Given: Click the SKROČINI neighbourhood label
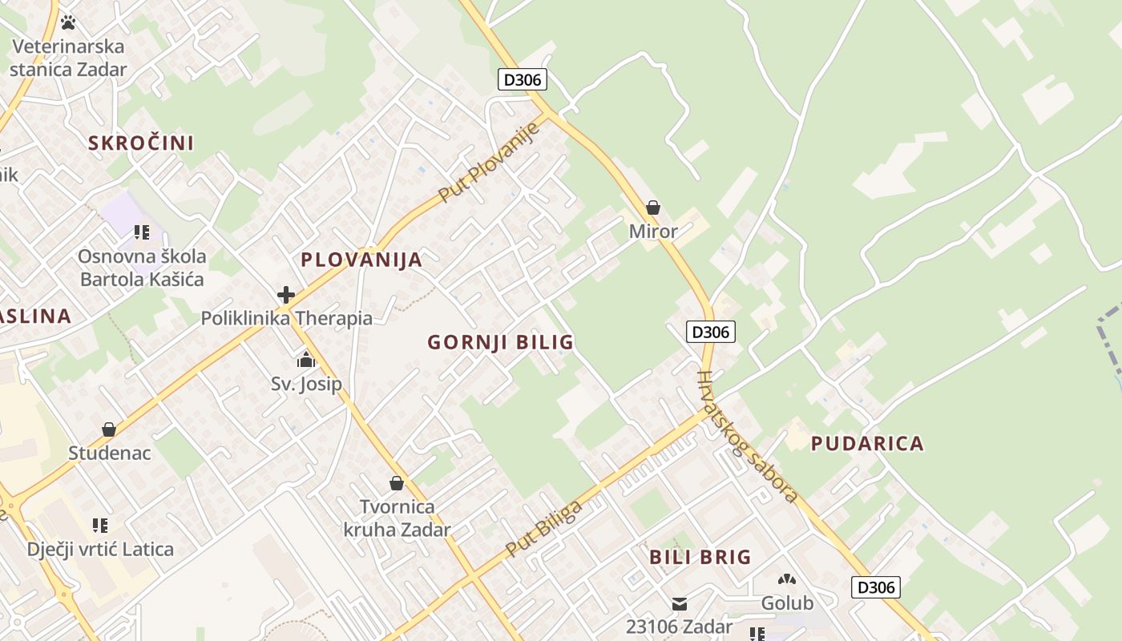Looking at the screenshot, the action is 141,143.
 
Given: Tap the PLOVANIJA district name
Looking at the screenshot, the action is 361,260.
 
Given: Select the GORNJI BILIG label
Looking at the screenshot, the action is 500,343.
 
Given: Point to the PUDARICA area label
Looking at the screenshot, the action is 867,444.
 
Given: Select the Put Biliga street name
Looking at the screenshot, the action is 543,529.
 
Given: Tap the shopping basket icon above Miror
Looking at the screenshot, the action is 653,208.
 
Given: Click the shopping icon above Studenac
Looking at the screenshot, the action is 109,430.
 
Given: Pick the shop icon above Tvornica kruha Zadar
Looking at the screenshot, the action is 396,483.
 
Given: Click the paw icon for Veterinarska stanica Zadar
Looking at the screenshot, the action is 68,22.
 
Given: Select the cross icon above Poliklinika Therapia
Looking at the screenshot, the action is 286,295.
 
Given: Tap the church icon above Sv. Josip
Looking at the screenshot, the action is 305,360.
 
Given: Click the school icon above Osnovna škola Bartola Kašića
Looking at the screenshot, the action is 142,233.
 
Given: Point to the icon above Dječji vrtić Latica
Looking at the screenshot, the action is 100,526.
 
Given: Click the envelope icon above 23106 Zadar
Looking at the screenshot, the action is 680,603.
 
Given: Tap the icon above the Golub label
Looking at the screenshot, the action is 787,579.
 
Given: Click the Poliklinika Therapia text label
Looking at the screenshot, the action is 286,319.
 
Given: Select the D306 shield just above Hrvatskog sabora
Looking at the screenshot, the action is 711,332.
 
